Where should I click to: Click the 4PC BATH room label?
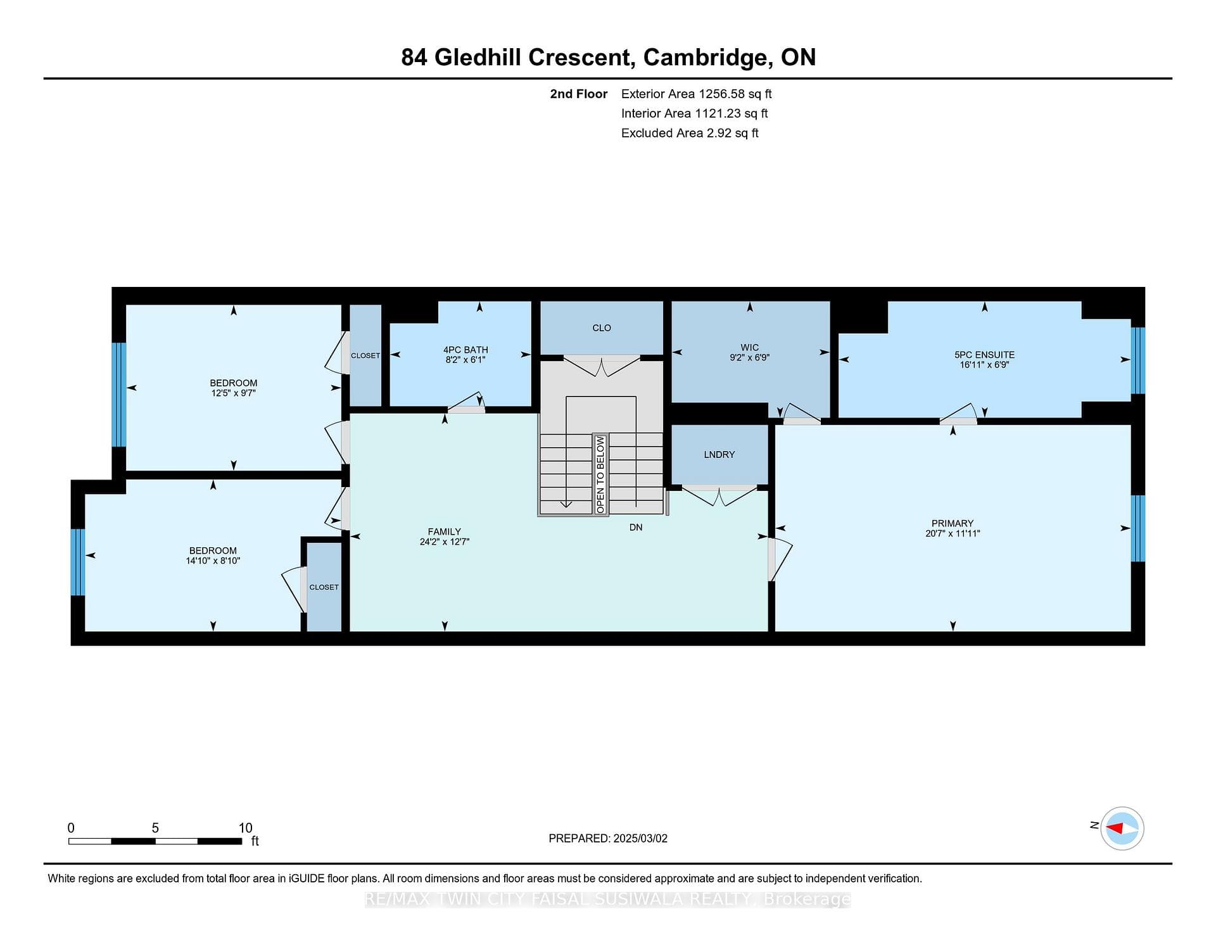pos(465,350)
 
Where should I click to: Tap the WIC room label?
pos(749,348)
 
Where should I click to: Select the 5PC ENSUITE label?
pos(984,355)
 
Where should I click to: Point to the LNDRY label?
pos(719,455)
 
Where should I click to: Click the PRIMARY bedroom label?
pos(952,523)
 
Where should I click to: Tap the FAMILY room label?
pos(444,532)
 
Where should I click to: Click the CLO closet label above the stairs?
pos(602,328)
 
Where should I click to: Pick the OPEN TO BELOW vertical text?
pos(600,474)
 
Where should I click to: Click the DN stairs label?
pos(636,527)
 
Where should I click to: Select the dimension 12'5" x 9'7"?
pos(234,393)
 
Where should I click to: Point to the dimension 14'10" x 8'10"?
pos(213,561)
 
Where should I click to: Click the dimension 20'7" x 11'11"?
pos(953,533)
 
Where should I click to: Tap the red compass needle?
pos(1114,828)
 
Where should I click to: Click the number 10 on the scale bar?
pos(245,828)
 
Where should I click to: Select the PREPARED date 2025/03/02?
pos(640,838)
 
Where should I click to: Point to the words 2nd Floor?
pos(578,94)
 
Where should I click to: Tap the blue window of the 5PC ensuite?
pos(1138,360)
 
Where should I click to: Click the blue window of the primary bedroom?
pos(1138,528)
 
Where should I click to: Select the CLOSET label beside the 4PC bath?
pos(365,355)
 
